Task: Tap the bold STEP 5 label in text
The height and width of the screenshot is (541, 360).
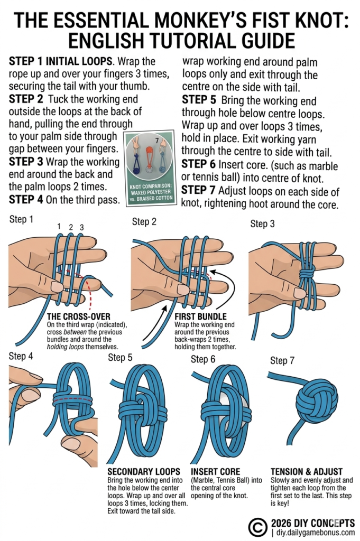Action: click(x=200, y=99)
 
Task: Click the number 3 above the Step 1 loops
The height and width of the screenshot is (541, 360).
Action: click(x=82, y=227)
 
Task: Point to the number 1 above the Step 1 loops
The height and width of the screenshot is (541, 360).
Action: click(x=59, y=227)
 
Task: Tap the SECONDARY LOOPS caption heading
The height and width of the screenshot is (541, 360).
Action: click(x=140, y=471)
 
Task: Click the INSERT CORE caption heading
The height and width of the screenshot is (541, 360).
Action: click(x=215, y=471)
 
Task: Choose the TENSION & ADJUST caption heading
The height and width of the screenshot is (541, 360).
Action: click(x=306, y=471)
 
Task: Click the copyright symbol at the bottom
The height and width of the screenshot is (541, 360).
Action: click(x=257, y=526)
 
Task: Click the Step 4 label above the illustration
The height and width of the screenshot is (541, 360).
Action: click(x=21, y=356)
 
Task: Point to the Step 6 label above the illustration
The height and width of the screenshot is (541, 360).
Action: click(x=203, y=360)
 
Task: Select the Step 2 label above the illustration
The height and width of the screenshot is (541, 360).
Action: click(x=144, y=222)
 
